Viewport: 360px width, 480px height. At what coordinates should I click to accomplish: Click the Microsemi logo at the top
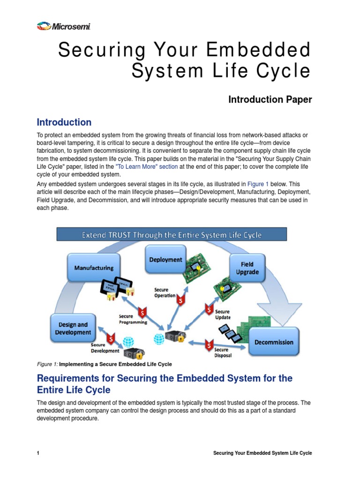tap(63, 26)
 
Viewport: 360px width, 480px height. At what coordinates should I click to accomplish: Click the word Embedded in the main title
tap(266, 50)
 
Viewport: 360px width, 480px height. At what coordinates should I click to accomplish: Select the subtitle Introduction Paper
tap(270, 99)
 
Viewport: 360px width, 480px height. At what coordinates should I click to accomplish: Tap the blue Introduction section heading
tap(64, 122)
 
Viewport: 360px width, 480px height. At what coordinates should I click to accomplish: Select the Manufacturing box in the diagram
tap(94, 268)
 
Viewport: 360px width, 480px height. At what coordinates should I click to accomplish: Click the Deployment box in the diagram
tap(165, 260)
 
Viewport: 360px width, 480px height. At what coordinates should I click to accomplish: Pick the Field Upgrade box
tap(247, 268)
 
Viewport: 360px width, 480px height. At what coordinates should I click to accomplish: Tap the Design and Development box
tap(73, 328)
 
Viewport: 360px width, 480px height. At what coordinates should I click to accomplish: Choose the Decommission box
tap(274, 342)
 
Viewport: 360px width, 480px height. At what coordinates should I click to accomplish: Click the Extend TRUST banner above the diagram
tap(172, 235)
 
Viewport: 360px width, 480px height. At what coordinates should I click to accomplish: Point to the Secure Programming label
tap(133, 319)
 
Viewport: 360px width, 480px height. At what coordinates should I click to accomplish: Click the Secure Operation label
tap(165, 292)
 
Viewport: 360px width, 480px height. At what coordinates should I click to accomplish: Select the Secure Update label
tap(222, 314)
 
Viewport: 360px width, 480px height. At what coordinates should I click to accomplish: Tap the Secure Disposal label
tap(221, 352)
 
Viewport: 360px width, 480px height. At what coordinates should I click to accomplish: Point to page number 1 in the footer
tap(38, 453)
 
